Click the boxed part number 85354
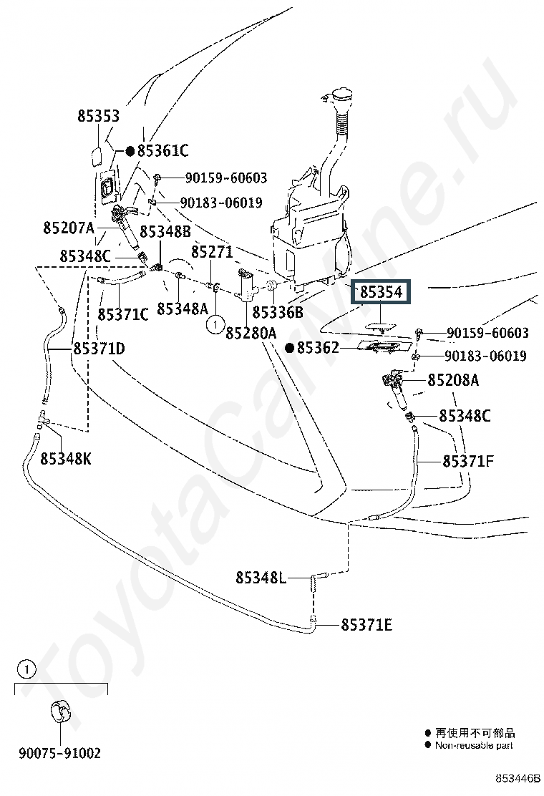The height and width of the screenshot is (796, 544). [381, 292]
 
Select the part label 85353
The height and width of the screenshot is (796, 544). [99, 116]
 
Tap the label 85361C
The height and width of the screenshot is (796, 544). [163, 151]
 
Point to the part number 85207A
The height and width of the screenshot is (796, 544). [69, 228]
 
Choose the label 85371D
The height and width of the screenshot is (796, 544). [99, 349]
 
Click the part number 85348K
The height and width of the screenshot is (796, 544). [66, 459]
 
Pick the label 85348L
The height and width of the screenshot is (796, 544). [261, 578]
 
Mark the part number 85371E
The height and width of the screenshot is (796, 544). [366, 625]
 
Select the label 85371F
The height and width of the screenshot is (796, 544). [468, 462]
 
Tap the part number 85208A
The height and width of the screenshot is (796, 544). [453, 380]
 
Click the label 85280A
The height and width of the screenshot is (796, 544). [251, 333]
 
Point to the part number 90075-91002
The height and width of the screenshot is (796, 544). [60, 753]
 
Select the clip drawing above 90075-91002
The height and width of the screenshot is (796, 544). [60, 712]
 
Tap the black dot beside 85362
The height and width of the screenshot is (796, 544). [290, 348]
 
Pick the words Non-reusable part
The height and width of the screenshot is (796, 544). [474, 745]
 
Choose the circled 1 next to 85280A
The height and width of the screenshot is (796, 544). [215, 324]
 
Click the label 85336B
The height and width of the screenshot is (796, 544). [278, 312]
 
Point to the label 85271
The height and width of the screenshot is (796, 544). [212, 252]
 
